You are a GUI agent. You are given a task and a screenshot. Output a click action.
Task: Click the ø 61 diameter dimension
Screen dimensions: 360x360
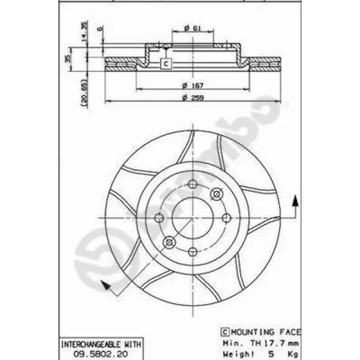point(191,28)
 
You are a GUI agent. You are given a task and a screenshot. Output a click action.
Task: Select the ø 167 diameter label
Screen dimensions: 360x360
point(192,85)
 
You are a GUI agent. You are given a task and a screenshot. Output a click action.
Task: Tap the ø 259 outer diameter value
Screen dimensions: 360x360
point(192,97)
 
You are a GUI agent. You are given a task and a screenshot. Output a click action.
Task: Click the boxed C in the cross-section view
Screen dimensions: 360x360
point(165,64)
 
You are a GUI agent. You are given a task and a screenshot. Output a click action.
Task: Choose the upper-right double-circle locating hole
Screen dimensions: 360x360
point(217,194)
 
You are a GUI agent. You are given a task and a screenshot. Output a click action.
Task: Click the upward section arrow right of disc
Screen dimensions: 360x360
point(295,201)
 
